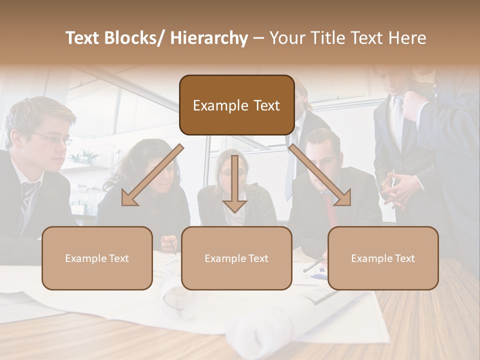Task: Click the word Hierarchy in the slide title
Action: pos(208,38)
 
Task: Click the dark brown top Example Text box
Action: pos(236,105)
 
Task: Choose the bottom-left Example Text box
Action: pos(97,258)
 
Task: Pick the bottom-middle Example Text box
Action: pos(236,258)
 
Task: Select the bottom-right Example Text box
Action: pos(383,258)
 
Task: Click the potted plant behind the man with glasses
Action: pos(82,157)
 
